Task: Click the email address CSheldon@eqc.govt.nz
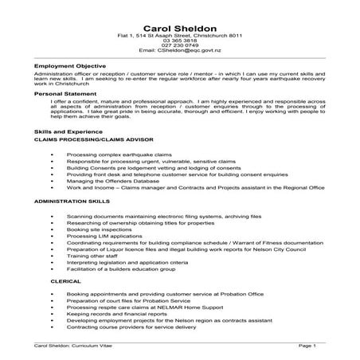pos(180,49)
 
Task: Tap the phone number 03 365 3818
pos(180,38)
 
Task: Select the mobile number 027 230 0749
pos(180,44)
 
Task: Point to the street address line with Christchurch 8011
pos(180,32)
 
